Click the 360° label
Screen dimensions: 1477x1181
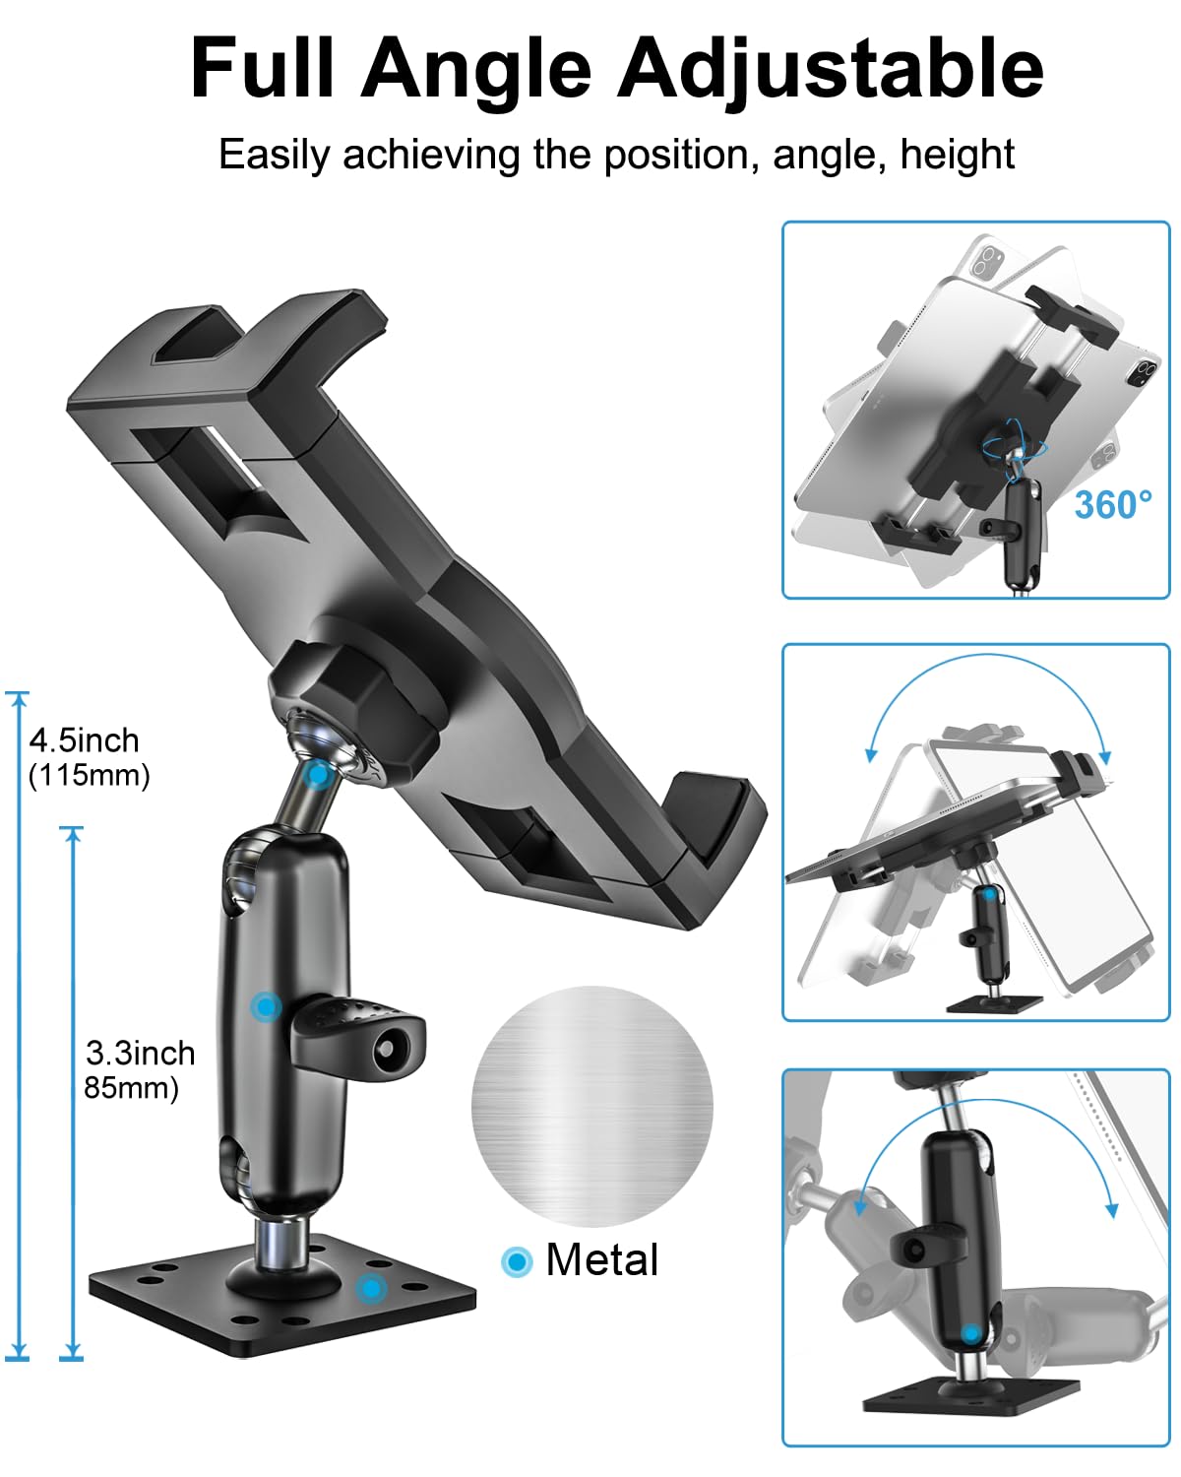1112,505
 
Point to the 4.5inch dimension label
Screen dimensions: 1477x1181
84,739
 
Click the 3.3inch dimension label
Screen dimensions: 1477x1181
140,1053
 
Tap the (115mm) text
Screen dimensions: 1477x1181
89,776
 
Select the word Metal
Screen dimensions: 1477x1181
601,1260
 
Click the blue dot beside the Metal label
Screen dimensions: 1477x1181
516,1261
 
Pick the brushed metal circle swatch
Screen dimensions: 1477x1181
591,1107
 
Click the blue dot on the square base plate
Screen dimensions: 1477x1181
370,1286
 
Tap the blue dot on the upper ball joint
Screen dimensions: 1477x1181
317,775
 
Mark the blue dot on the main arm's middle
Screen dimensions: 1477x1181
265,1006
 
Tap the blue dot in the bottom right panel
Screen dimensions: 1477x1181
971,1333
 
